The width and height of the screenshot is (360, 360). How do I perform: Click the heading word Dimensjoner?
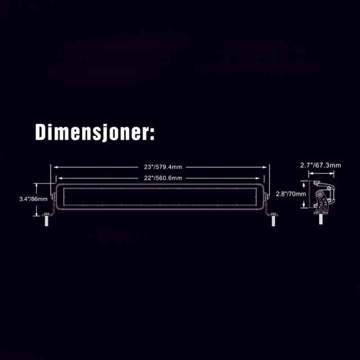[x=92, y=132]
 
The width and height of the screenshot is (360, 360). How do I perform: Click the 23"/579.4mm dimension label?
[x=163, y=167]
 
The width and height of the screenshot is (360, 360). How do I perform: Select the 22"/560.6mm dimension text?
[x=163, y=178]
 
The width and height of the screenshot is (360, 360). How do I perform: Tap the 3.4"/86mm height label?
[x=33, y=199]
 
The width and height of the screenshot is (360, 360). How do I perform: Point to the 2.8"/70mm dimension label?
[x=291, y=194]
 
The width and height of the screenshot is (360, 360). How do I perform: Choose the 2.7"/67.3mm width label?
[x=320, y=165]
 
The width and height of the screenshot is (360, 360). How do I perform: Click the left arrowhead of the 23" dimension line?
[x=56, y=167]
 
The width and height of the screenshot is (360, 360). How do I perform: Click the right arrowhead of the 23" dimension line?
[x=265, y=167]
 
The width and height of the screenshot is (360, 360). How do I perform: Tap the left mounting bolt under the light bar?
[x=46, y=220]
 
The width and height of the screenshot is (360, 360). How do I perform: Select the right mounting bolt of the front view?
[x=274, y=220]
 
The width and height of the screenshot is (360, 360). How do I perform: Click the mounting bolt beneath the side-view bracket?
[x=321, y=219]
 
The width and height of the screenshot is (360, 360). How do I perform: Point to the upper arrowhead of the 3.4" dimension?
[x=36, y=185]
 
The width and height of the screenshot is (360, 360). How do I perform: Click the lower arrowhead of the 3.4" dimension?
[x=36, y=214]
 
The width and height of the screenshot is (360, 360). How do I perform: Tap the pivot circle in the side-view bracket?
[x=319, y=195]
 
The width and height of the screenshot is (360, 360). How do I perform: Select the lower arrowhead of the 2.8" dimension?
[x=304, y=206]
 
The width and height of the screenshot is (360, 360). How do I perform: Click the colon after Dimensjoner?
[x=152, y=135]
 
